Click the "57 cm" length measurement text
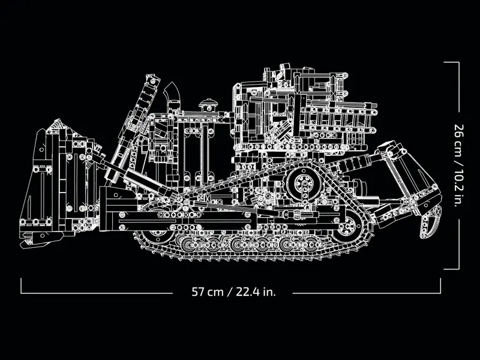(x=207, y=292)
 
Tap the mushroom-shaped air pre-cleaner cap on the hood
(x=208, y=101)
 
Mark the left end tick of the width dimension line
(x=21, y=286)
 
